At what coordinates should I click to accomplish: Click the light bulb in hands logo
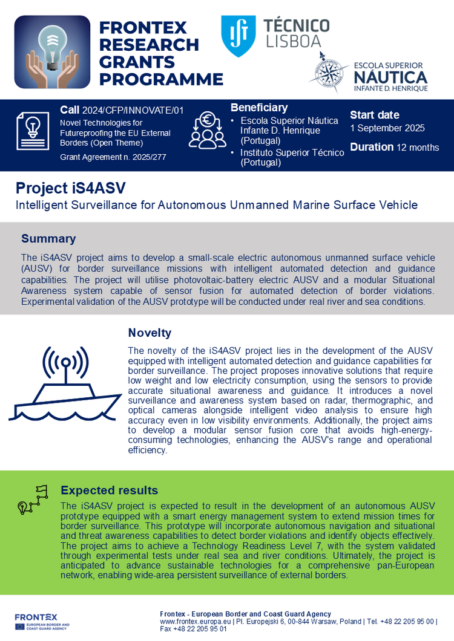click(52, 53)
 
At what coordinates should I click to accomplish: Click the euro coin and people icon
click(208, 131)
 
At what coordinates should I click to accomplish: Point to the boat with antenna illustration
click(65, 385)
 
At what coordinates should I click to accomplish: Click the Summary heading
click(48, 239)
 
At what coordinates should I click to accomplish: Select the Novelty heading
click(150, 333)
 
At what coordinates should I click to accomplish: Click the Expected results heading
click(109, 490)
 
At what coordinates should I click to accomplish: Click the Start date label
click(375, 115)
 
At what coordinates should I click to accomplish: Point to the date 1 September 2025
click(387, 128)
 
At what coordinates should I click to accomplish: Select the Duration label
click(372, 147)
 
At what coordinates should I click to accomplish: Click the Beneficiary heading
click(259, 108)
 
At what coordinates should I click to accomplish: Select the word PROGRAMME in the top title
click(161, 79)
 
